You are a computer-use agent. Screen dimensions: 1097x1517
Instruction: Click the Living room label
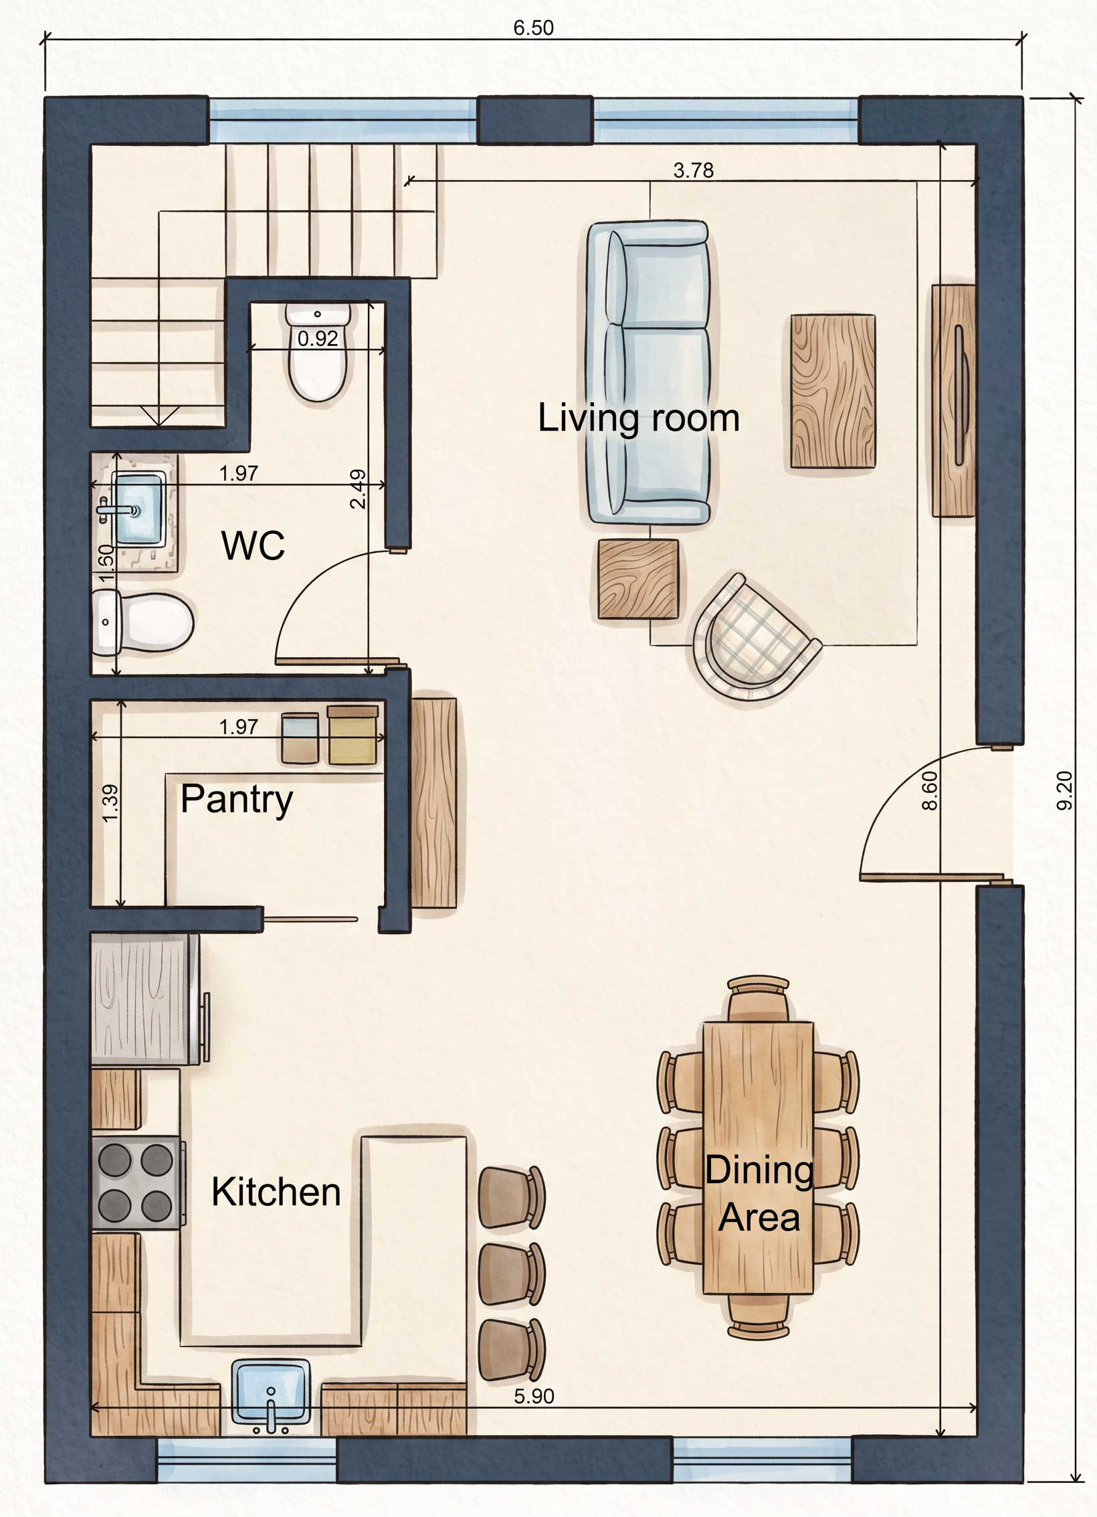(639, 418)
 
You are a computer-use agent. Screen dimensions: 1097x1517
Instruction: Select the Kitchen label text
(276, 1192)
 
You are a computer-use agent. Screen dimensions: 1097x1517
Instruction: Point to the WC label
(254, 545)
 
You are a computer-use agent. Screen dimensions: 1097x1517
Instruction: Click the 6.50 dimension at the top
(534, 28)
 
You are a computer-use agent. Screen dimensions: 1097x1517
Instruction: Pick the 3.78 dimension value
(694, 171)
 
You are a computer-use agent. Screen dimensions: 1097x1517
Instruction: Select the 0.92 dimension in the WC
(318, 339)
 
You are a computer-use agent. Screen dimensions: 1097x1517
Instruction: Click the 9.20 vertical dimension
(1064, 791)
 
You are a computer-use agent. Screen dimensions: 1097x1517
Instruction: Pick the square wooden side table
(637, 579)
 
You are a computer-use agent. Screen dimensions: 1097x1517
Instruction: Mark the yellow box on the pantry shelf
(352, 734)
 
